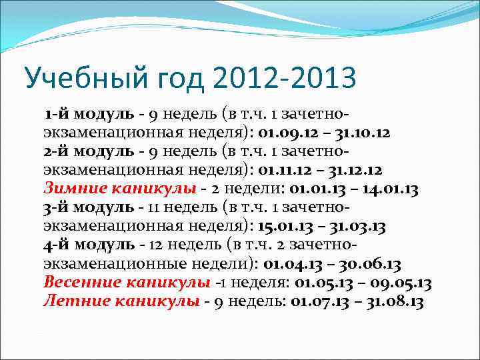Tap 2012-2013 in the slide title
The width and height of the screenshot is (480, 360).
pyautogui.click(x=285, y=79)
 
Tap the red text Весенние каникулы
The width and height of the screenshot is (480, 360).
pyautogui.click(x=127, y=282)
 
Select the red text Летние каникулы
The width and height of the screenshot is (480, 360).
pyautogui.click(x=121, y=301)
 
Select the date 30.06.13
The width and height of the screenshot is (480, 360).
pyautogui.click(x=370, y=263)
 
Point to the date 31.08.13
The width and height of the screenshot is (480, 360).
pyautogui.click(x=391, y=301)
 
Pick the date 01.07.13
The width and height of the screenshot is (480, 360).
pyautogui.click(x=316, y=301)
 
